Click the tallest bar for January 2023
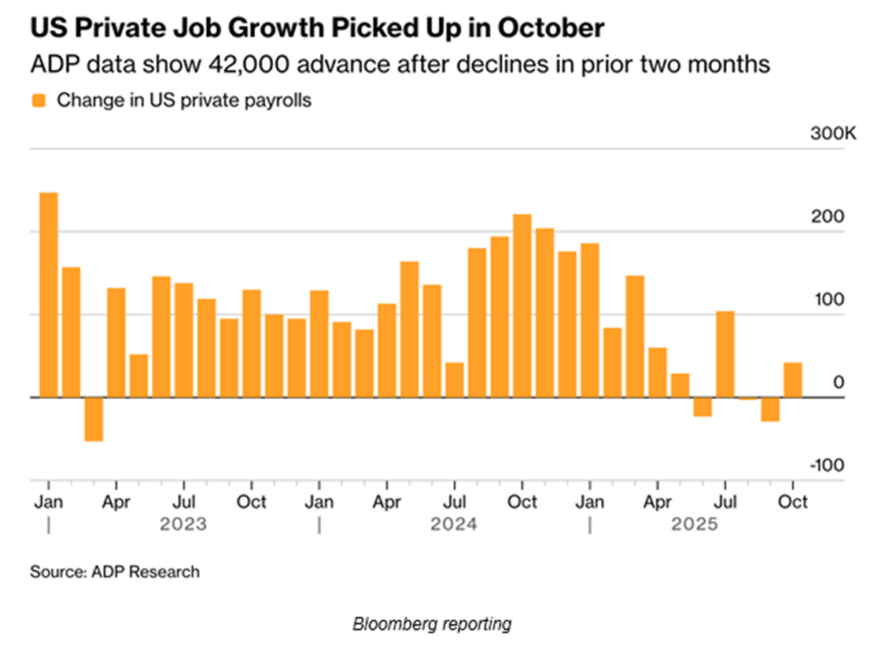[49, 294]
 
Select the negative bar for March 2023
[94, 419]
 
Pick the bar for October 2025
[793, 380]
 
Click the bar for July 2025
[725, 354]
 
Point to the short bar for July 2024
[455, 380]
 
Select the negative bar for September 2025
[770, 409]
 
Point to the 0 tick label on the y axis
[839, 383]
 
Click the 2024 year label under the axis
[453, 524]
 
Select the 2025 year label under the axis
[695, 524]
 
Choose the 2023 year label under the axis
[183, 524]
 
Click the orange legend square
[39, 101]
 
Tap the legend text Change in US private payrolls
[184, 101]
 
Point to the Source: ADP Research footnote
[115, 572]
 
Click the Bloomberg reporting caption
[432, 624]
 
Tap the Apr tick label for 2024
[386, 501]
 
